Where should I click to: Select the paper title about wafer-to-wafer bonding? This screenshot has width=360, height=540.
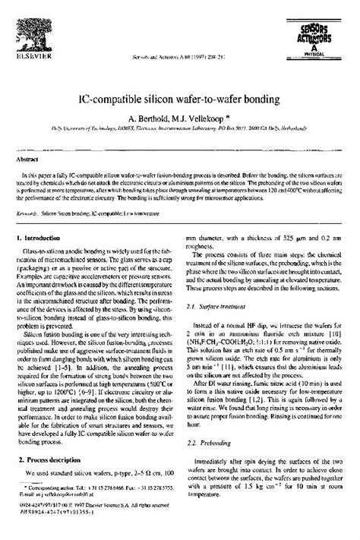point(179,99)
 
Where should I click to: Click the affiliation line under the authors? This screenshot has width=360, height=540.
point(179,130)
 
